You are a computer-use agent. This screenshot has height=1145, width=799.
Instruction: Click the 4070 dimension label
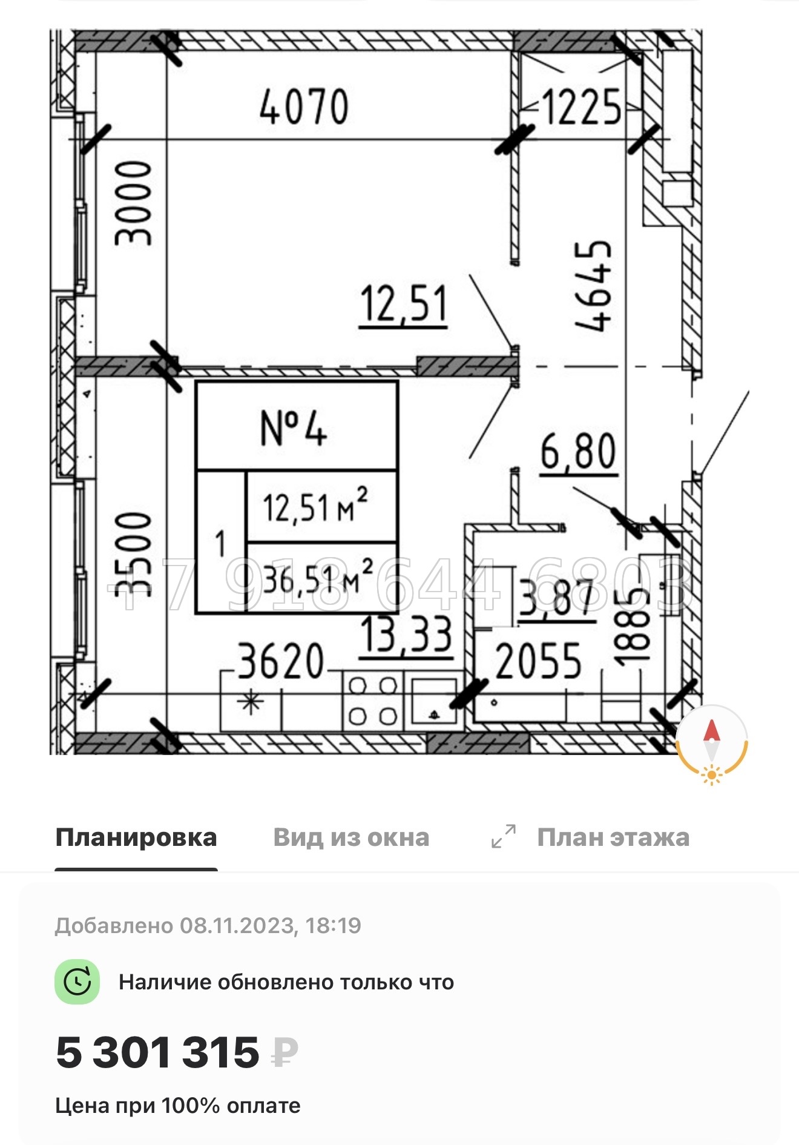tap(304, 107)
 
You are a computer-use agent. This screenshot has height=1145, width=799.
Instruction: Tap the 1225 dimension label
tap(582, 108)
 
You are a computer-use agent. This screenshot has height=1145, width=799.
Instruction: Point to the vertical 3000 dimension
tap(134, 203)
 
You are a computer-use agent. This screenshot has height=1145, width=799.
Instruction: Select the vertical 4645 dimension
tap(593, 286)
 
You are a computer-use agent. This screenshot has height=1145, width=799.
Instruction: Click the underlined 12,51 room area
tap(403, 305)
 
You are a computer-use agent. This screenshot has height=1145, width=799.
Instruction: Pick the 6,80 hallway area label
tap(578, 452)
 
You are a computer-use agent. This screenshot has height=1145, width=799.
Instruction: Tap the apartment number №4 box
tap(296, 427)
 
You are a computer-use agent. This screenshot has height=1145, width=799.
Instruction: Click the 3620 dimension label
tap(280, 662)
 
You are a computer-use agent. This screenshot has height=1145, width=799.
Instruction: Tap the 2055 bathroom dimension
tap(538, 662)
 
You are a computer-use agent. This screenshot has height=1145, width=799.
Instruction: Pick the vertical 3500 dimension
tap(134, 554)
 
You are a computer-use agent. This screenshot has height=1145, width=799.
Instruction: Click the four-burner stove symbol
tap(373, 701)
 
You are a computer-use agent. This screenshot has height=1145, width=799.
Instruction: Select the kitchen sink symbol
tap(435, 701)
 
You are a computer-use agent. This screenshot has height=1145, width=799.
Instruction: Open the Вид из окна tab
tap(351, 837)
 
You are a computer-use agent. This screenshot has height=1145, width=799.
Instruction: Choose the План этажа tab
tap(613, 837)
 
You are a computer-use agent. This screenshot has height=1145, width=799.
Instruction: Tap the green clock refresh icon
tap(77, 982)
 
